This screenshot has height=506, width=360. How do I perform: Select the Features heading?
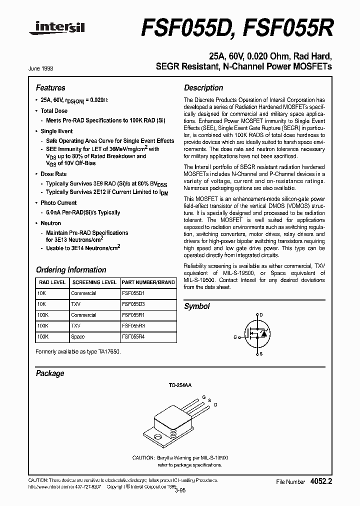50,87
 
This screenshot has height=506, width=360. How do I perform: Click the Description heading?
203,87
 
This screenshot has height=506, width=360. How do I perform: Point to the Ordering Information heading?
70,270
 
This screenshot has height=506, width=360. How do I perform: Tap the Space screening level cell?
78,337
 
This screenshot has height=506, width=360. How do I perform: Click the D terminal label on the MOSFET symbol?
261,315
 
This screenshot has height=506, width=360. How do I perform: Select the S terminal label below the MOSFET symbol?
261,353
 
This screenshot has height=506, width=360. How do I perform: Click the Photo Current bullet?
58,203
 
